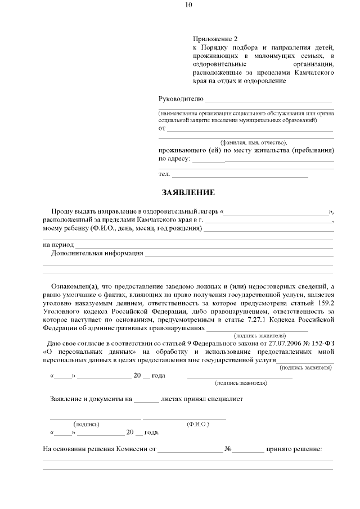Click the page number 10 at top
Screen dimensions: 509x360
[188, 5]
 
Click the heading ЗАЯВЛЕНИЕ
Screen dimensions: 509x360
[188, 192]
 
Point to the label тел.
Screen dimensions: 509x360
[164, 174]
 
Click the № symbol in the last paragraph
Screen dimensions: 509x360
[228, 449]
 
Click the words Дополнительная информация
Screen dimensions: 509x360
[97, 253]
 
